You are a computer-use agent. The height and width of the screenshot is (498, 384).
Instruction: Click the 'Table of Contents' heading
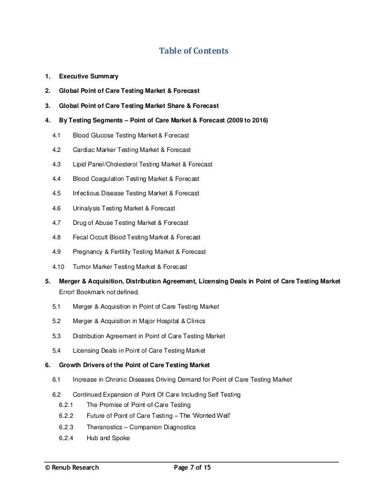tap(192, 52)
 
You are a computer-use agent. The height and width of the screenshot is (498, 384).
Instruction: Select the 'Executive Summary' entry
tap(88, 77)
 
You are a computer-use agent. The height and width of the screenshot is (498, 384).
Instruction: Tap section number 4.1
tap(57, 135)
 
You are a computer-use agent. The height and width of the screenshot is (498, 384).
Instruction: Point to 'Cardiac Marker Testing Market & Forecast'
tap(131, 150)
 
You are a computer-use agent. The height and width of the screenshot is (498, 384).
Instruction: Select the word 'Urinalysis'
tap(87, 208)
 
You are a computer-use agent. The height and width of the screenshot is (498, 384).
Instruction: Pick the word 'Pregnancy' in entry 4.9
tap(89, 251)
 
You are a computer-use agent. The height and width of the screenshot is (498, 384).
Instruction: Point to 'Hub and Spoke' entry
tap(107, 438)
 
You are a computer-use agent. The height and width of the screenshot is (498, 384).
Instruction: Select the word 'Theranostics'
tap(107, 427)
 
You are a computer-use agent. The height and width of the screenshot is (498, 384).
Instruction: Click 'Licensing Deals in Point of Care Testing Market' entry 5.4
tap(139, 350)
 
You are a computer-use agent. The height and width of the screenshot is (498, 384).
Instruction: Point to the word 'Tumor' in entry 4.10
tap(82, 266)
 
